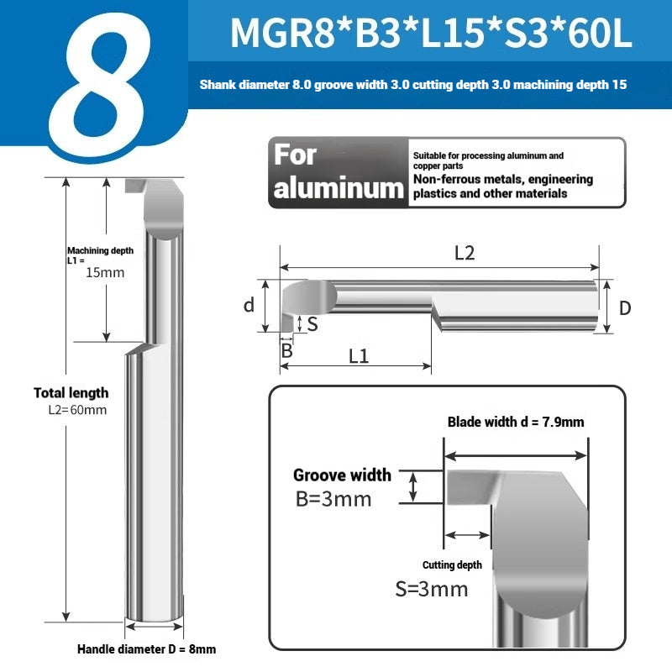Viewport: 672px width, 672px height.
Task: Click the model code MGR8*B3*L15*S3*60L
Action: [431, 33]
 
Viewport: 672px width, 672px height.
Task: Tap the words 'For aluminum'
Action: [339, 172]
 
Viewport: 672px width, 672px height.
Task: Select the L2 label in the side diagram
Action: [465, 254]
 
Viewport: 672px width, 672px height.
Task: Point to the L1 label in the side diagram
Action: [359, 356]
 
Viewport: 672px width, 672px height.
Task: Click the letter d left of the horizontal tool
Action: [249, 305]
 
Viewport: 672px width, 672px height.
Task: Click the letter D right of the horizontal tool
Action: [625, 308]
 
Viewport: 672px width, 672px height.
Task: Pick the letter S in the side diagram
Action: [312, 324]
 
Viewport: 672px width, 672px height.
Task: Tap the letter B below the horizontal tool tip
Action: [286, 350]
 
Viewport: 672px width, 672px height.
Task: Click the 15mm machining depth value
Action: [105, 272]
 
